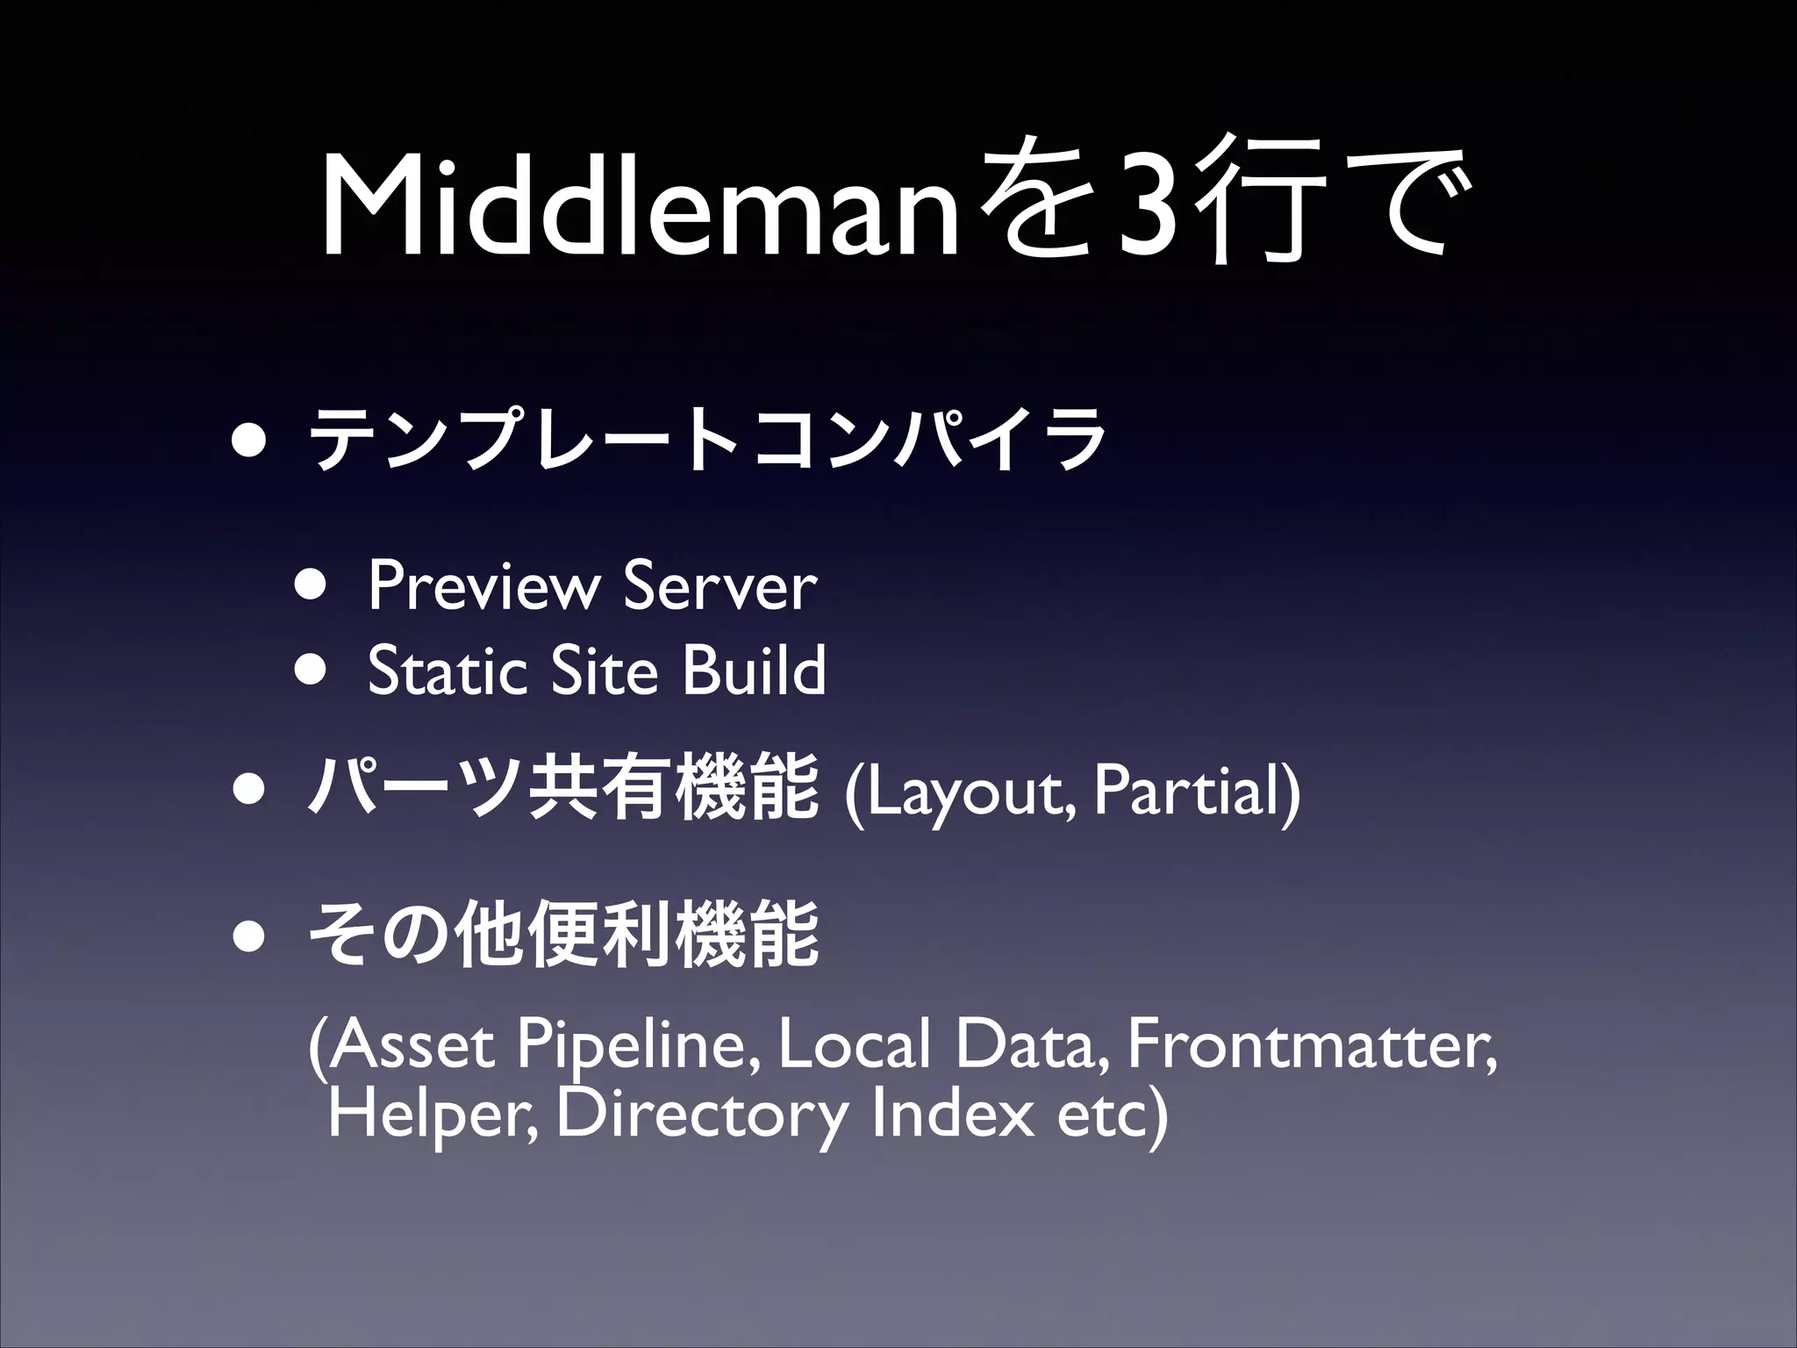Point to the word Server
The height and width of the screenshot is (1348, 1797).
point(720,586)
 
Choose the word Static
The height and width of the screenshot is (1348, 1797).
point(447,670)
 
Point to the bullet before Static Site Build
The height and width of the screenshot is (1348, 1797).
point(311,669)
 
